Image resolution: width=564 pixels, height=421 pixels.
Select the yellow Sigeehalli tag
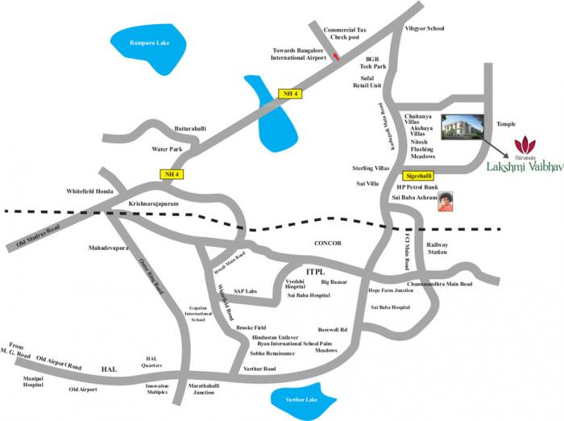click(x=417, y=175)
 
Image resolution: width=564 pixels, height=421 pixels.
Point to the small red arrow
click(x=336, y=56)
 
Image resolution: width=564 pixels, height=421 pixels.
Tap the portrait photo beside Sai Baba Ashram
click(x=446, y=202)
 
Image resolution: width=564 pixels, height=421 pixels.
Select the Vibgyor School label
click(x=425, y=29)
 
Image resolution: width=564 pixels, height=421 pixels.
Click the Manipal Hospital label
click(x=34, y=381)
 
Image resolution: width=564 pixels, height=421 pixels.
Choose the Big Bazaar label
click(x=335, y=283)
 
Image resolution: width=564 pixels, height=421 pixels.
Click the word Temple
click(x=507, y=124)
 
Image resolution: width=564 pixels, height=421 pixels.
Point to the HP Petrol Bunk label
click(x=410, y=188)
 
